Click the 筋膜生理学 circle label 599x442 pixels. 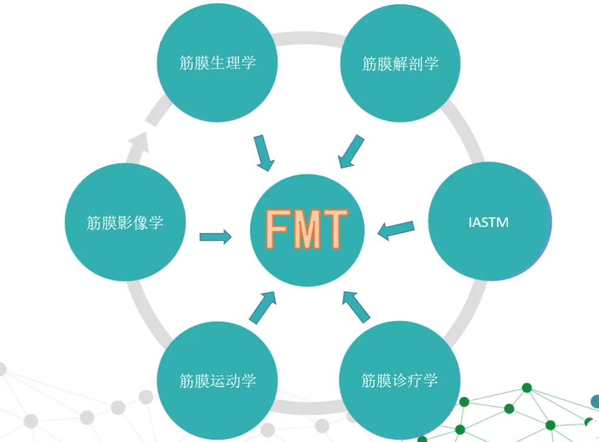pyautogui.click(x=217, y=63)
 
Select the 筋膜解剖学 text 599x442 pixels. pyautogui.click(x=400, y=64)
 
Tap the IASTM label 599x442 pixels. pyautogui.click(x=489, y=222)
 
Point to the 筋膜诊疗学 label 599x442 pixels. pyautogui.click(x=399, y=381)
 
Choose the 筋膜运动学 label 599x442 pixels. pyautogui.click(x=217, y=381)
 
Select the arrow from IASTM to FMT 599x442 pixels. pyautogui.click(x=396, y=229)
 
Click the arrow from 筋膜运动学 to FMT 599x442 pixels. pyautogui.click(x=262, y=307)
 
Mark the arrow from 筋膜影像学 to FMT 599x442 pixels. pyautogui.click(x=215, y=237)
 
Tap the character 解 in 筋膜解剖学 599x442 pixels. pyautogui.click(x=400, y=64)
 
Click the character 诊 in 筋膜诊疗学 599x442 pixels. pyautogui.click(x=399, y=381)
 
